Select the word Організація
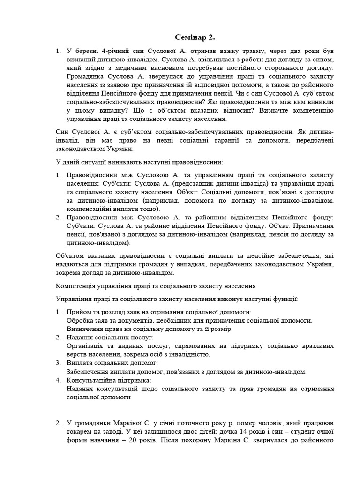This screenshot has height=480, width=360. pos(87,346)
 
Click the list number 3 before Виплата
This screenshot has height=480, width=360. pos(59,363)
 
